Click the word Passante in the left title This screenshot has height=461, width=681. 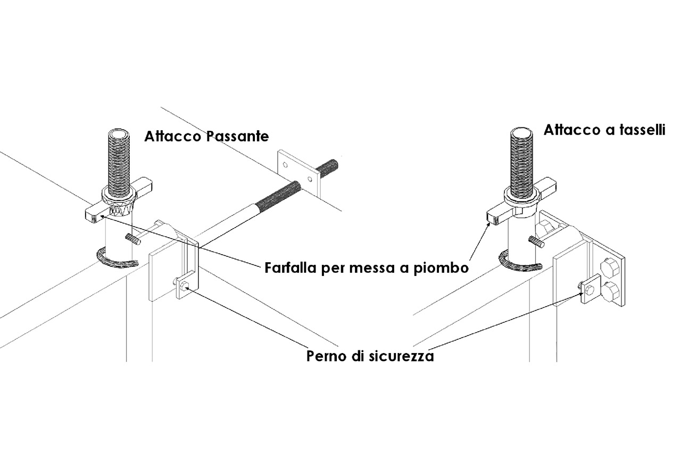[237, 137]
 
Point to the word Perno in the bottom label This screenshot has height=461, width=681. [327, 356]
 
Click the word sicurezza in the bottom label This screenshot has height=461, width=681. [401, 356]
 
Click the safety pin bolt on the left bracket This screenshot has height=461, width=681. [184, 285]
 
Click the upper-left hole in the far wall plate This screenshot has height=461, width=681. [285, 165]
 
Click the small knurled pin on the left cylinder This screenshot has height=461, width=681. [133, 238]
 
